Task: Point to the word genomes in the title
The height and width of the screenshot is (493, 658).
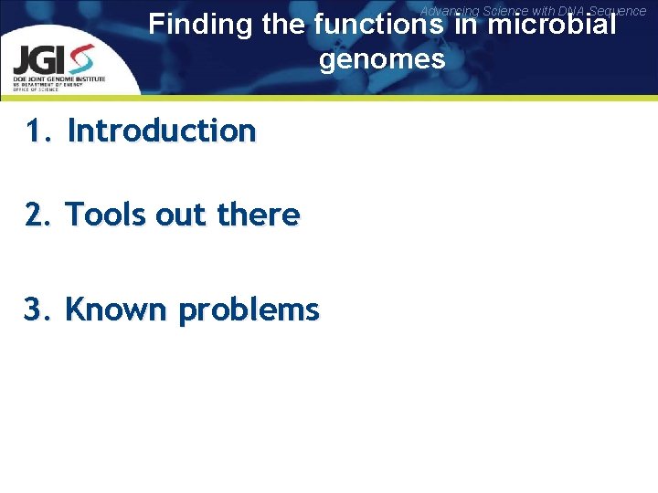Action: (x=382, y=60)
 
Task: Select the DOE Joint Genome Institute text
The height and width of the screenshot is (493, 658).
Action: (x=58, y=79)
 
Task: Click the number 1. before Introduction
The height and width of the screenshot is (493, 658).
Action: (x=39, y=131)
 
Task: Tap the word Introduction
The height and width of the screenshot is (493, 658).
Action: (x=162, y=131)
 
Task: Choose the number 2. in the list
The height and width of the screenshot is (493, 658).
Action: (x=39, y=215)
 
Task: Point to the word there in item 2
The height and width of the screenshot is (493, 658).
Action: (x=259, y=215)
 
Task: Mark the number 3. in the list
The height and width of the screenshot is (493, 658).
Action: (x=39, y=310)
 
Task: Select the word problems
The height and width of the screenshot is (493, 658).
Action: (x=249, y=310)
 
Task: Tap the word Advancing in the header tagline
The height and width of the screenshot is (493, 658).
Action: (x=449, y=11)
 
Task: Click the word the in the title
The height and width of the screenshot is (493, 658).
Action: (x=282, y=25)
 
